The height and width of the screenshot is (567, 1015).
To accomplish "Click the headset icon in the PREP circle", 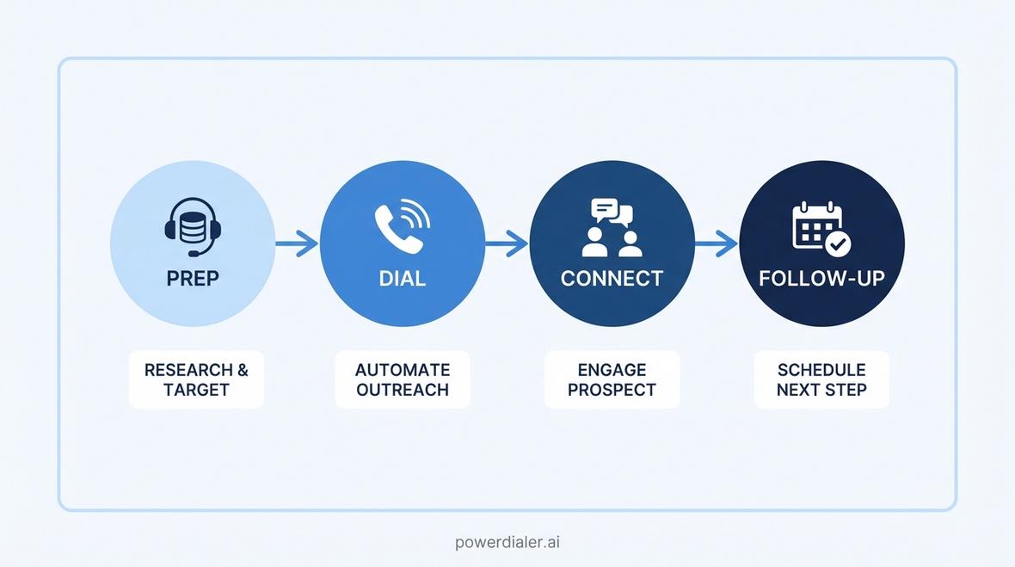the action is tap(193, 227).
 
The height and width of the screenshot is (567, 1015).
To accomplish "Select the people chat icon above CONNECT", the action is tap(612, 228).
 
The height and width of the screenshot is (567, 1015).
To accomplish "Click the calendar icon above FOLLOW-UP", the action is tap(821, 229).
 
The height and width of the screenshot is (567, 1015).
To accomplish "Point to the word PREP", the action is tap(193, 278).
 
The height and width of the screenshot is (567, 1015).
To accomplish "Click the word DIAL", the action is tap(402, 278).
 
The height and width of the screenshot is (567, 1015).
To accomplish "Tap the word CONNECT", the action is tap(612, 278).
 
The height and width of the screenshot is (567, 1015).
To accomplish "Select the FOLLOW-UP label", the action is tap(821, 278).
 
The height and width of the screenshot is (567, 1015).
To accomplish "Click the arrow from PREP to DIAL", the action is tap(297, 243).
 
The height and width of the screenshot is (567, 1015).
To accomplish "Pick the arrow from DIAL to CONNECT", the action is tap(507, 243).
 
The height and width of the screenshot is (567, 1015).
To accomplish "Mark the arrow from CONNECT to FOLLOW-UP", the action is tap(717, 243).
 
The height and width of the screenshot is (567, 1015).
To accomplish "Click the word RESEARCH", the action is tap(188, 370).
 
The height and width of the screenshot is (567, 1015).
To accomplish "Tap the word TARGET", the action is tap(196, 390).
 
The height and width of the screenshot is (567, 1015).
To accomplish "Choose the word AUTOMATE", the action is tap(403, 370).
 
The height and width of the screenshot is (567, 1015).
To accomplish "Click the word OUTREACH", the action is tap(403, 390).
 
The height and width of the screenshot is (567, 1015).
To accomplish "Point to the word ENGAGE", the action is tap(612, 370).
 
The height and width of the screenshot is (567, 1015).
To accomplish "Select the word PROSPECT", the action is tap(612, 390).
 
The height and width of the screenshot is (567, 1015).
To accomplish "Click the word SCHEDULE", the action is tap(821, 370).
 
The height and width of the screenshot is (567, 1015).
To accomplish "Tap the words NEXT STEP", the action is tap(821, 390).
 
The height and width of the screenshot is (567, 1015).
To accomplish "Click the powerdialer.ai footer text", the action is tap(507, 542).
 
